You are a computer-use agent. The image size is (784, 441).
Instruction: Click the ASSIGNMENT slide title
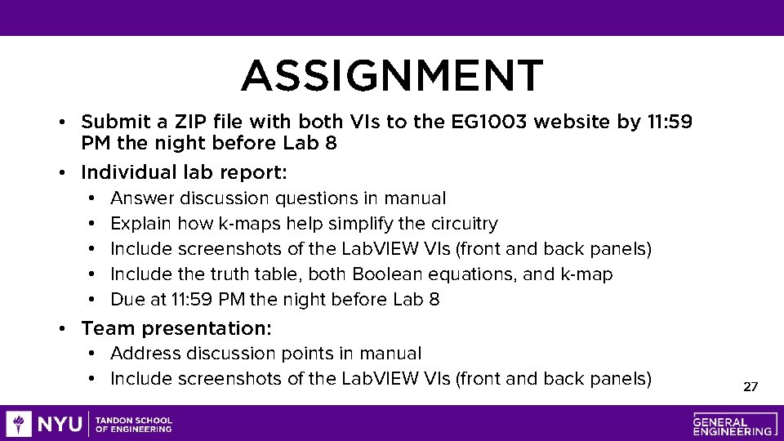click(x=391, y=76)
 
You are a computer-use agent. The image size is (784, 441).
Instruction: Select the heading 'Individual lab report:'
click(x=184, y=172)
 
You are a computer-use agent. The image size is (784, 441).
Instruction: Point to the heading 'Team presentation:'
click(x=176, y=328)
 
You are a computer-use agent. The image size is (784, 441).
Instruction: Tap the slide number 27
click(x=751, y=386)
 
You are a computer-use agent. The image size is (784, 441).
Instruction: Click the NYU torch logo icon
click(x=19, y=424)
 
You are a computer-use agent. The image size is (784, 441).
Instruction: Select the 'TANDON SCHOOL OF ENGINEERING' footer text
click(x=134, y=425)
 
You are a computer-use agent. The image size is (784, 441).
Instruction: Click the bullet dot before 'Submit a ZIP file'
click(x=62, y=123)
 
